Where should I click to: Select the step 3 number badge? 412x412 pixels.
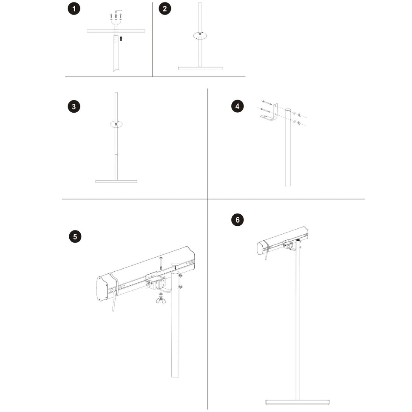coord(74,107)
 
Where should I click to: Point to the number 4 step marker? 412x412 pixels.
coord(238,106)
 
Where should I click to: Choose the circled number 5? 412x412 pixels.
coord(75,237)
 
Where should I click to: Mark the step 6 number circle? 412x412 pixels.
coord(238,220)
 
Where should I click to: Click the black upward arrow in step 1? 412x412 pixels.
coord(121,39)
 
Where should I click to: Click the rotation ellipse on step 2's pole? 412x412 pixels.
coord(200,36)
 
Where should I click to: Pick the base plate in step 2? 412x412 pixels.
coord(200,68)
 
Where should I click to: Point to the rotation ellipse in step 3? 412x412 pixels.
coord(116,124)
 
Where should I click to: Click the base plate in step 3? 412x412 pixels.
coord(116,181)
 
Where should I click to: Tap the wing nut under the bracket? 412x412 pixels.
coord(161,301)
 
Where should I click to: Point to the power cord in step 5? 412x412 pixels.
coord(114,304)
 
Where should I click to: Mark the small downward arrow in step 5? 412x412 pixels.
coord(174,267)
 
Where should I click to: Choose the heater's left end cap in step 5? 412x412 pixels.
coord(102,289)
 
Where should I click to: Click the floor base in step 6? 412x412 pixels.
coord(298,402)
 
